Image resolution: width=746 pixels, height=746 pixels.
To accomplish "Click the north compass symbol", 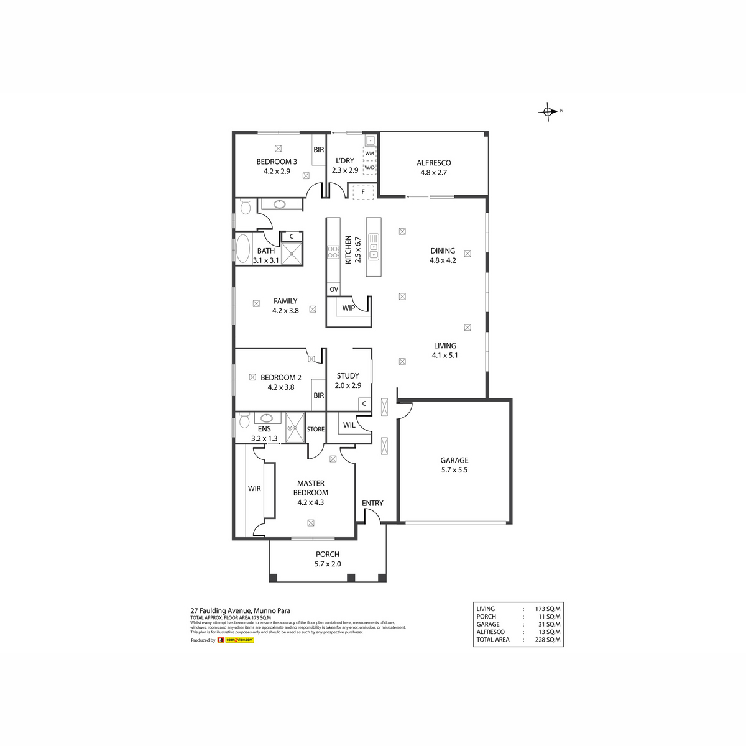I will [x=548, y=111].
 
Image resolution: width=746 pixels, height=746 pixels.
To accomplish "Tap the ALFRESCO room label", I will [x=434, y=163].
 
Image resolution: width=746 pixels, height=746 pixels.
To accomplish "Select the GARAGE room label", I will [x=454, y=461].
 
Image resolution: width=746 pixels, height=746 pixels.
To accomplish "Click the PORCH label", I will [x=328, y=555].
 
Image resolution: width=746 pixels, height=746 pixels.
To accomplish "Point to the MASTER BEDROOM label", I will [x=311, y=488].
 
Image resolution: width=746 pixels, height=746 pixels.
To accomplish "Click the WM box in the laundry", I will [x=370, y=153].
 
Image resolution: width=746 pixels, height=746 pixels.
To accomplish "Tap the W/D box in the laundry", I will [x=370, y=167].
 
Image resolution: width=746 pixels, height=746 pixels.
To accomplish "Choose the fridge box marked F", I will [x=363, y=192].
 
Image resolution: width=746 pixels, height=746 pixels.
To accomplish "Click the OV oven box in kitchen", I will [x=334, y=290].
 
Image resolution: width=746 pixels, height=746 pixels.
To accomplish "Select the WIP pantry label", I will [x=348, y=308].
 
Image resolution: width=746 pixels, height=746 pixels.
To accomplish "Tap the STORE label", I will [x=316, y=430].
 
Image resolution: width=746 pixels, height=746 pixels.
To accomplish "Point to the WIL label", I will [x=349, y=425].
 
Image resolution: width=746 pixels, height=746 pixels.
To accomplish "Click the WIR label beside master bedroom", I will [x=254, y=489].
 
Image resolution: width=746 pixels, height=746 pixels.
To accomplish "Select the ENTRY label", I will [x=372, y=504].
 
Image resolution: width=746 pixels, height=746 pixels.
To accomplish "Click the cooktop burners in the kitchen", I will [x=333, y=252].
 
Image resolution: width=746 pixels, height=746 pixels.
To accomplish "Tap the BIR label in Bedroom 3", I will [x=319, y=150].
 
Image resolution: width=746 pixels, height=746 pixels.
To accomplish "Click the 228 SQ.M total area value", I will [x=548, y=640].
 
